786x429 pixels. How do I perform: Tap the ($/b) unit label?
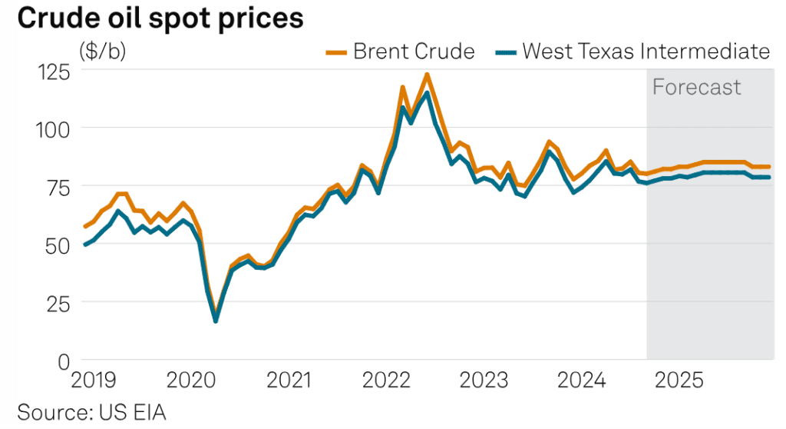[x=104, y=52]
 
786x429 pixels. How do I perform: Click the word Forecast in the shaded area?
[x=696, y=87]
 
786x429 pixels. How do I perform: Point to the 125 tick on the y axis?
[x=53, y=71]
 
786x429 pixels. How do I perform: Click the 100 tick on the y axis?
[x=53, y=129]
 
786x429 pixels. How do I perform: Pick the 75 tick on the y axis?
[x=57, y=187]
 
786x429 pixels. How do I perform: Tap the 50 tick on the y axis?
[x=57, y=245]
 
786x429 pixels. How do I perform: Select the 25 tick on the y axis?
[x=57, y=303]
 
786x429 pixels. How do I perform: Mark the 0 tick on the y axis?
[x=64, y=361]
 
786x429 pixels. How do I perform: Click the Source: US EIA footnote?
[x=91, y=411]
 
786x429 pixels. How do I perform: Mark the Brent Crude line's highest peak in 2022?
[x=427, y=75]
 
